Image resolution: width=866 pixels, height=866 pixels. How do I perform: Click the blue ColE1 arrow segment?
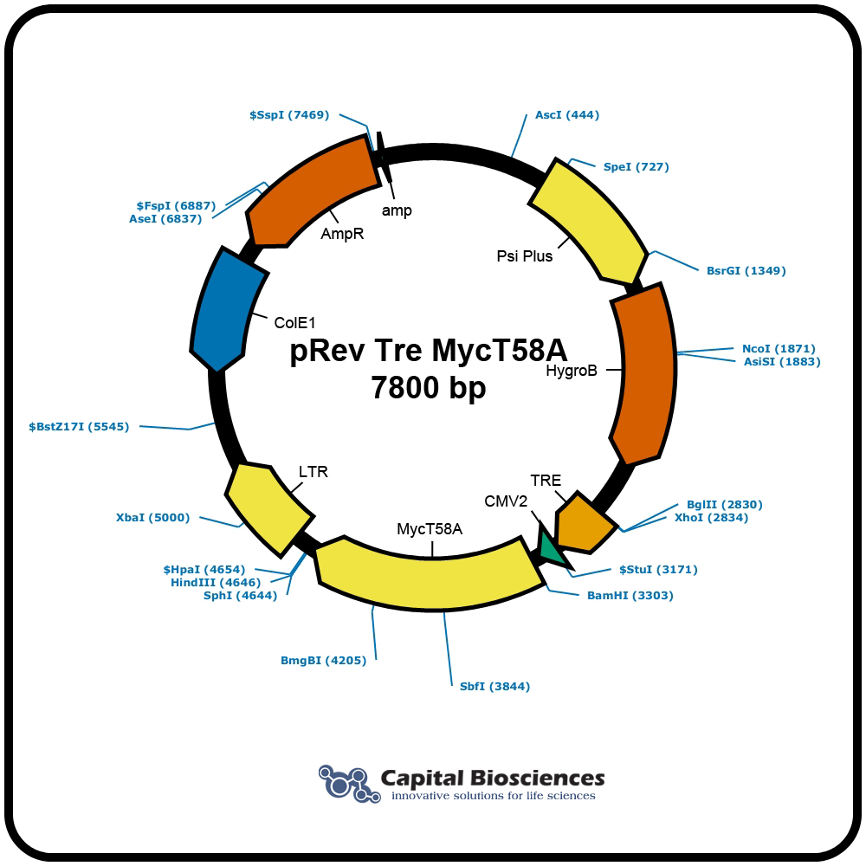226,310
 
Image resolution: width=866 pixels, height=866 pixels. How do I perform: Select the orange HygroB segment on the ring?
644,373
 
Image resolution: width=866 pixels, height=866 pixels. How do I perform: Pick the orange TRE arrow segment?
583,522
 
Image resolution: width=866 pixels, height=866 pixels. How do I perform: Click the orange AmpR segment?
309,191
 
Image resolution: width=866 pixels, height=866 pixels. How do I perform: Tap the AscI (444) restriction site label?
567,115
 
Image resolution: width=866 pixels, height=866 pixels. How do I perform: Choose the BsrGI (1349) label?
746,270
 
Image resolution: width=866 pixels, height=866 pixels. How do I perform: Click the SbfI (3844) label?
494,687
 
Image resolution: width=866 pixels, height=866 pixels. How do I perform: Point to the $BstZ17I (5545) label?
79,427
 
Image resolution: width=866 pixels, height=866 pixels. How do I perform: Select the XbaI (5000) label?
152,518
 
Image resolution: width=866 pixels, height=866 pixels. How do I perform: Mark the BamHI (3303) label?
630,596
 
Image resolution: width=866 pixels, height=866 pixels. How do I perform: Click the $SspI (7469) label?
289,115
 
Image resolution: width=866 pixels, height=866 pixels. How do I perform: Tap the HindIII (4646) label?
216,583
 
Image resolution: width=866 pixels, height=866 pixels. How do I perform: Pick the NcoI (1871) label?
779,348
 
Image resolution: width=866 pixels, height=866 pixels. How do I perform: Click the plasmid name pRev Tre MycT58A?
429,350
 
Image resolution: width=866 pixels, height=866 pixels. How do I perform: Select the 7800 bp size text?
429,387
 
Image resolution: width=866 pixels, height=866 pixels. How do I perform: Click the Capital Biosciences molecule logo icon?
349,783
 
